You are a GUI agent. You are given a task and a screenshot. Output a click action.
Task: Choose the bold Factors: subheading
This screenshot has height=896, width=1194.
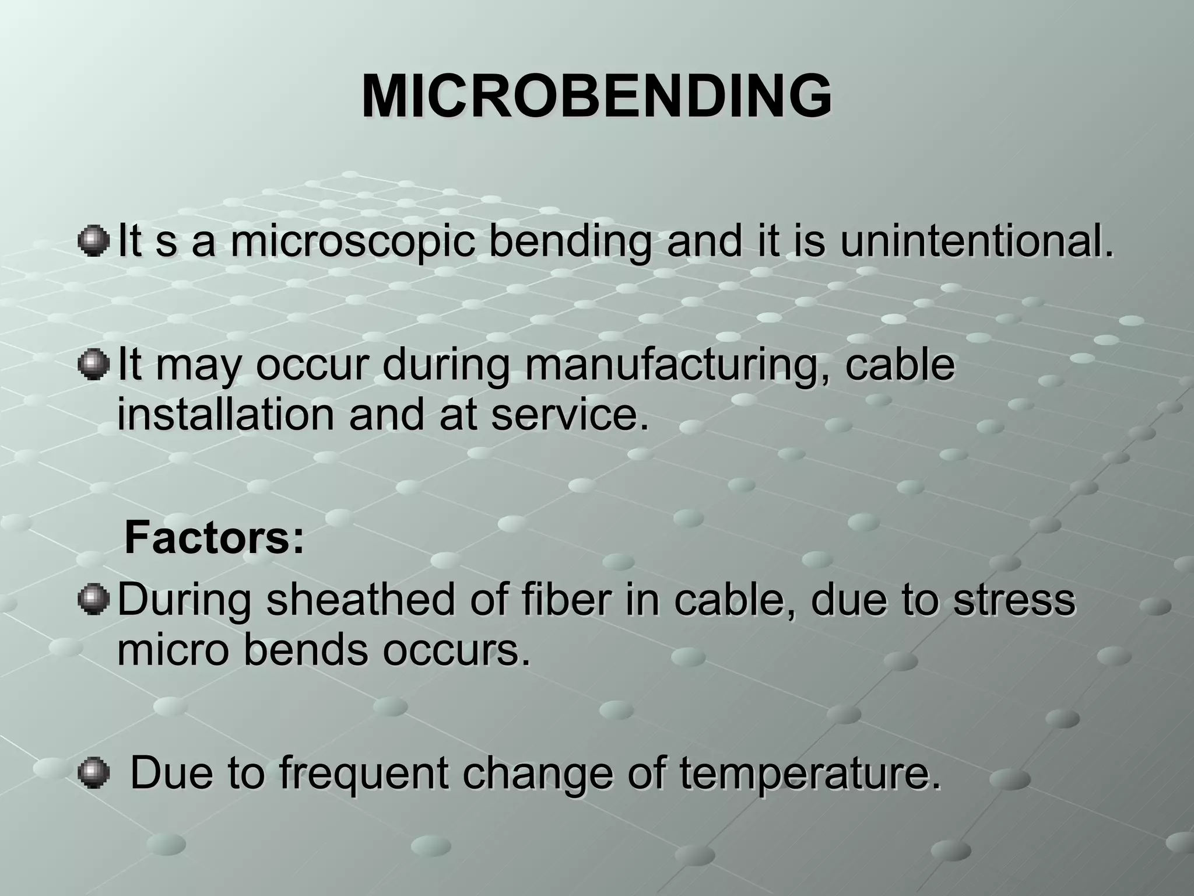pyautogui.click(x=215, y=538)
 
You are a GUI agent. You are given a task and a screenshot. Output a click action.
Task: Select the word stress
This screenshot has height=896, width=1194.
pyautogui.click(x=1014, y=600)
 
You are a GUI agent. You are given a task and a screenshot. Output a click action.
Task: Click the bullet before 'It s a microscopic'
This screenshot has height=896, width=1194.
pyautogui.click(x=93, y=242)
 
